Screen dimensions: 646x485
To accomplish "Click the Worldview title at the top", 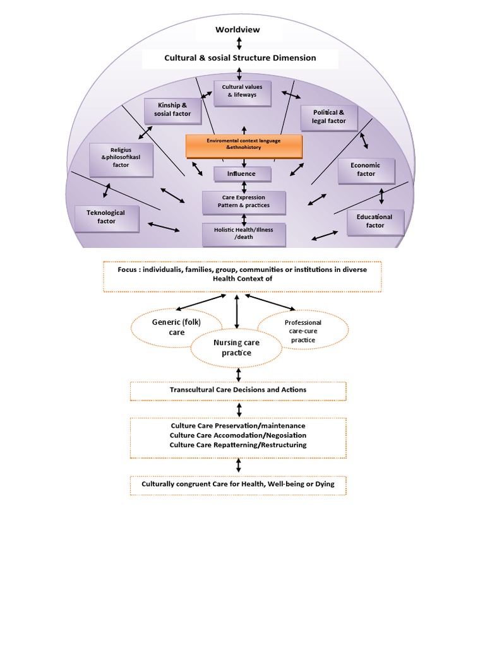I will (x=237, y=30).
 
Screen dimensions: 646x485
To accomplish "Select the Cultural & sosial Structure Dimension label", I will (x=240, y=58).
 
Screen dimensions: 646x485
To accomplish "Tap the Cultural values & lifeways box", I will (x=242, y=91).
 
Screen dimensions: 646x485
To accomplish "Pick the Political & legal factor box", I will (x=328, y=117).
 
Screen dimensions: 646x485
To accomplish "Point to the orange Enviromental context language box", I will (x=244, y=144).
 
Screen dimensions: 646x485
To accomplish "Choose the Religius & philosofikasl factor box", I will (x=121, y=160).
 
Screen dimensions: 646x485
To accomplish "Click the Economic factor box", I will (x=366, y=170).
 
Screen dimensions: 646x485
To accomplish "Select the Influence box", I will (x=243, y=173).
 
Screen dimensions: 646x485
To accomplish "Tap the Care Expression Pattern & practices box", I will (x=244, y=202).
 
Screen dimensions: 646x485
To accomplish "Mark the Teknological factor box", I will (x=106, y=217).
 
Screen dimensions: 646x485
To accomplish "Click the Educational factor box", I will (x=375, y=221).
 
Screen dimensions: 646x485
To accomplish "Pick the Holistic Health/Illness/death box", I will (x=244, y=234).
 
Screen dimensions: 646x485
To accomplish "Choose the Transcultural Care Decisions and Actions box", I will (x=238, y=390).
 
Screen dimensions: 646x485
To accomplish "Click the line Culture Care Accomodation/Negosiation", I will (x=238, y=435).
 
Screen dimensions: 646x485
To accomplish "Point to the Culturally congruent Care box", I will (x=238, y=485).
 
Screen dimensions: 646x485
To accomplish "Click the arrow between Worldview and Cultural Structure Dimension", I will (x=239, y=44).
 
